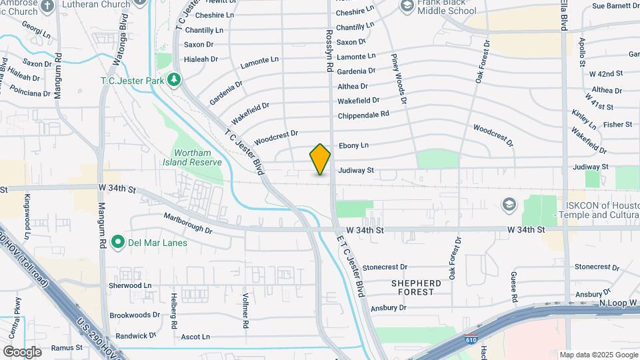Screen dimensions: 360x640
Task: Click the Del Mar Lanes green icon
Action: tap(118, 242)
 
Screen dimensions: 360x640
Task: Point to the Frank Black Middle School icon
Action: tap(407, 6)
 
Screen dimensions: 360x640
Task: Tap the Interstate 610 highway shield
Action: tap(471, 340)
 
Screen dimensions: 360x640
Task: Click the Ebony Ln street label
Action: tap(353, 145)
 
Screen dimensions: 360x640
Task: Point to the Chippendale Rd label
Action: tap(363, 115)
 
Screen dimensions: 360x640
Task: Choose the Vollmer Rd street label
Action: tap(245, 314)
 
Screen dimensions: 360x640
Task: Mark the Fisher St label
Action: tap(617, 125)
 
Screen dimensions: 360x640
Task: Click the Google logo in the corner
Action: tap(22, 351)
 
